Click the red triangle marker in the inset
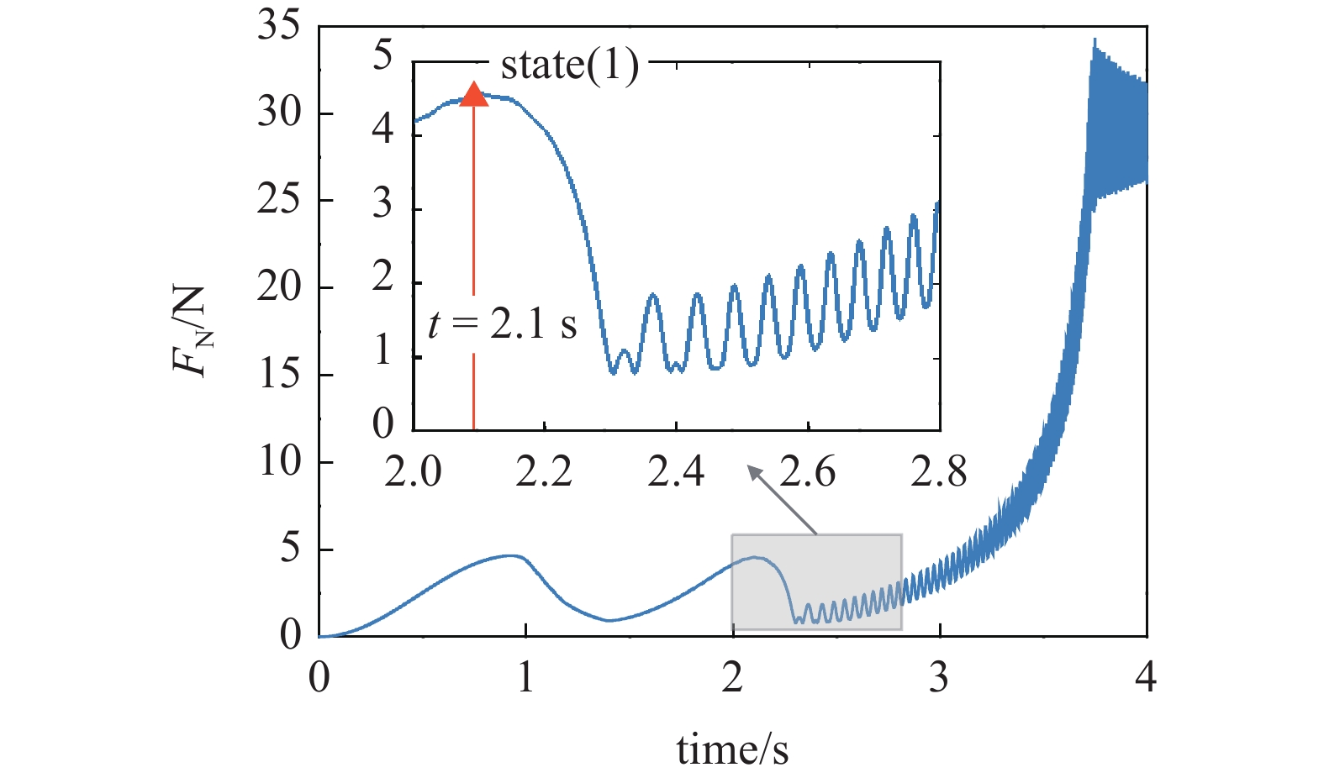(474, 95)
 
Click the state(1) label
(569, 66)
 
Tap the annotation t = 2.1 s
(502, 324)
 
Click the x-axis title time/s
(732, 749)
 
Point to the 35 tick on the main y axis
(278, 26)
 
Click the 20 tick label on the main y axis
(278, 287)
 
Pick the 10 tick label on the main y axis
(278, 461)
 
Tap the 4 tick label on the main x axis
(1146, 676)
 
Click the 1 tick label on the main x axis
(525, 676)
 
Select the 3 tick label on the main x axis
(939, 676)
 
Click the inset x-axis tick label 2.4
(676, 472)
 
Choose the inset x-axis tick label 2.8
(939, 472)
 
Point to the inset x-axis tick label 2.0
(413, 472)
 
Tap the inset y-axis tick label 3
(382, 203)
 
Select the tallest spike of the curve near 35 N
(1094, 39)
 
